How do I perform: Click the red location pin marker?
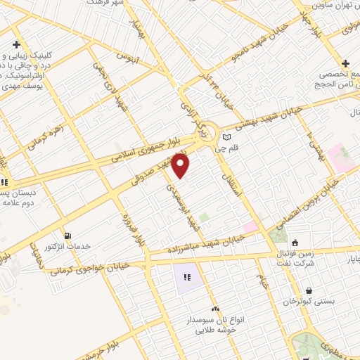click(x=181, y=166)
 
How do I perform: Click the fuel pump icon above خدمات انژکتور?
click(x=67, y=236)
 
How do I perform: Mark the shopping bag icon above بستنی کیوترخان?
click(x=309, y=290)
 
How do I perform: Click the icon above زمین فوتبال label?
click(x=294, y=243)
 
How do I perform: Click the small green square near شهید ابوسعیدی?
click(x=203, y=218)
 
